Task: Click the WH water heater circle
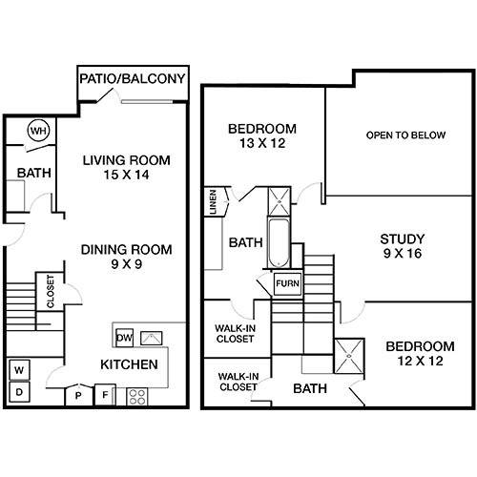pyautogui.click(x=38, y=130)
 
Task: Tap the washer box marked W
pyautogui.click(x=19, y=370)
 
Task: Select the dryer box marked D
pyautogui.click(x=19, y=392)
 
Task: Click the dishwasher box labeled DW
pyautogui.click(x=124, y=338)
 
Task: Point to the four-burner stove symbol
pyautogui.click(x=137, y=397)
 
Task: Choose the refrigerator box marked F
pyautogui.click(x=105, y=395)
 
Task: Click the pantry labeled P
pyautogui.click(x=78, y=396)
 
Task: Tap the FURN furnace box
pyautogui.click(x=287, y=283)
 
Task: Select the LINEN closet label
pyautogui.click(x=213, y=202)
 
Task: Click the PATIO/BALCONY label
pyautogui.click(x=133, y=78)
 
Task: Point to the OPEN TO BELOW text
pyautogui.click(x=405, y=135)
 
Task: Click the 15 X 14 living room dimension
pyautogui.click(x=126, y=175)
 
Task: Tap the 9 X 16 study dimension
pyautogui.click(x=403, y=254)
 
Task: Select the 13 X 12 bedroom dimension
pyautogui.click(x=262, y=143)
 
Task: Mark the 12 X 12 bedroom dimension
pyautogui.click(x=420, y=361)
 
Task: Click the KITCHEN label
pyautogui.click(x=129, y=364)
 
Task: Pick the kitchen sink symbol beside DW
pyautogui.click(x=152, y=339)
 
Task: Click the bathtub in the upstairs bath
pyautogui.click(x=279, y=243)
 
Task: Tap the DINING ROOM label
pyautogui.click(x=127, y=250)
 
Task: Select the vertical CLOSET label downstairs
pyautogui.click(x=51, y=292)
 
